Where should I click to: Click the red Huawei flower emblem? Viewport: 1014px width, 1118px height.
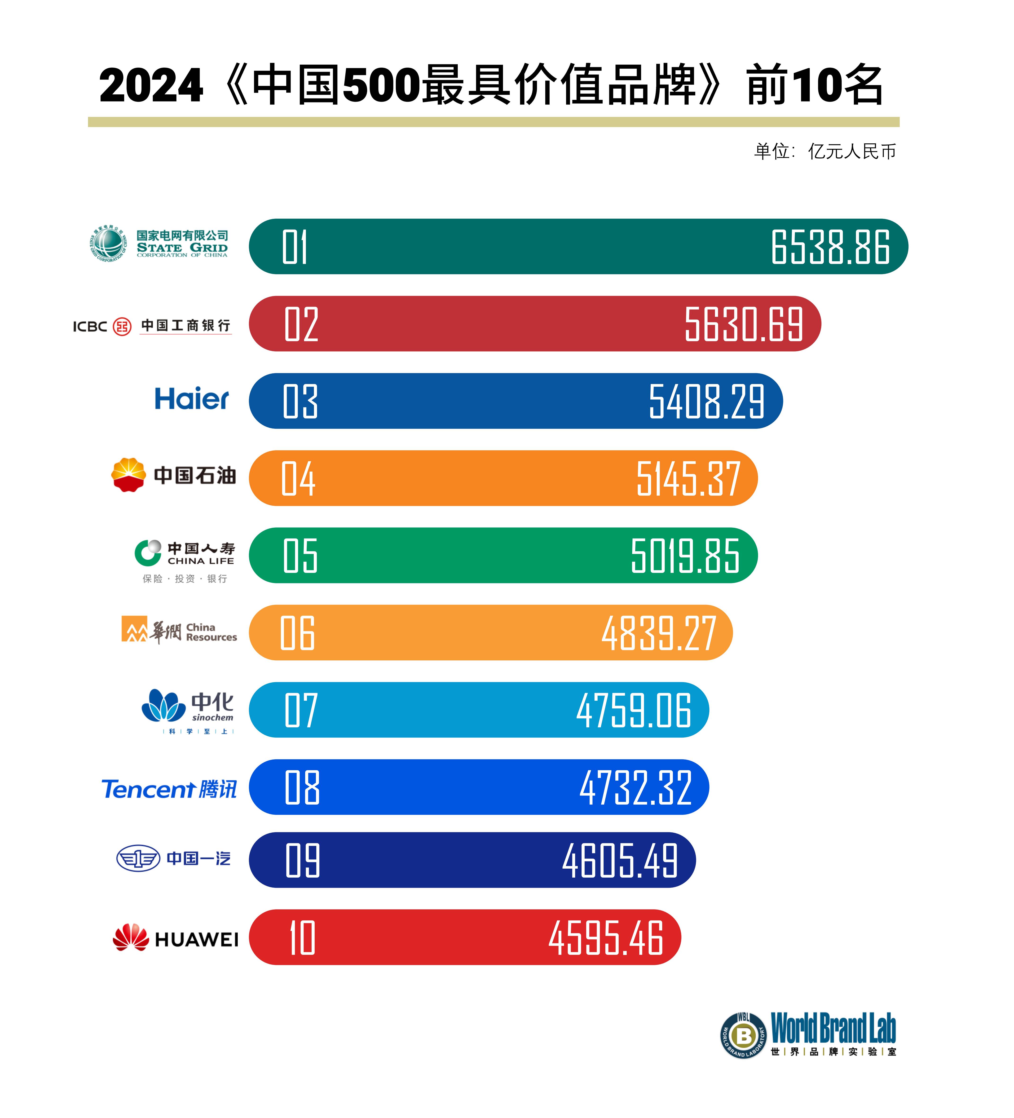131,937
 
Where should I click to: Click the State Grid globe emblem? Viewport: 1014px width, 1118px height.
109,243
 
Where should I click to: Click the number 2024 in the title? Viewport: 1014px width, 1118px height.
151,86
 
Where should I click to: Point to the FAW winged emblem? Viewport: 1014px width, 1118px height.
138,858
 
